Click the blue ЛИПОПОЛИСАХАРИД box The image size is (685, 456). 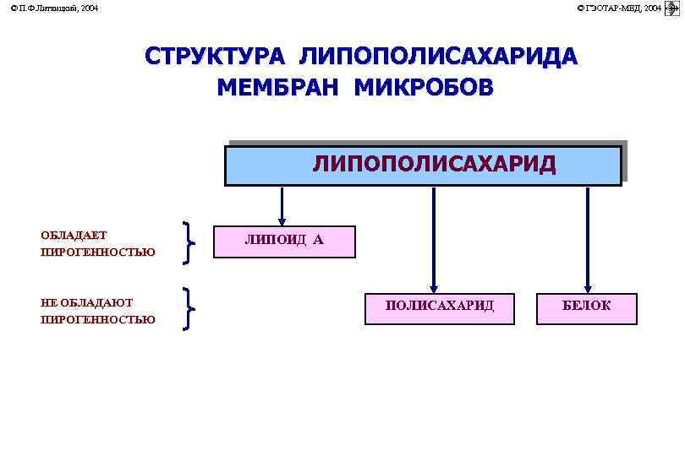click(423, 165)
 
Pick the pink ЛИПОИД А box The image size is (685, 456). click(284, 241)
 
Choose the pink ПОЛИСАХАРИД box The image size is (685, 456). click(439, 307)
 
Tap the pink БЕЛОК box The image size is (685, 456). click(586, 307)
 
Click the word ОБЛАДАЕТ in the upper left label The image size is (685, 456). click(74, 236)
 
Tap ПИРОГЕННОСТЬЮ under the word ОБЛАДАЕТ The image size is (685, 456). click(98, 252)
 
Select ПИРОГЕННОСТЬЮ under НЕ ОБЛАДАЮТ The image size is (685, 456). click(98, 319)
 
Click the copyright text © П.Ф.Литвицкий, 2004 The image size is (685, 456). click(53, 8)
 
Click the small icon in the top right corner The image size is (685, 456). click(673, 8)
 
